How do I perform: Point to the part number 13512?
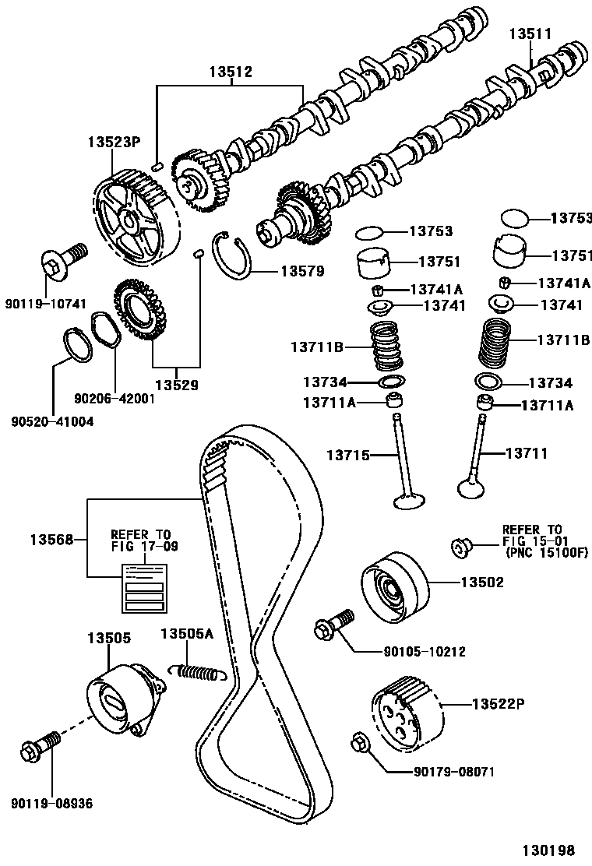coord(230,72)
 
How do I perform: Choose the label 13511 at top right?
coord(530,34)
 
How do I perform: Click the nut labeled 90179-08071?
coord(361,742)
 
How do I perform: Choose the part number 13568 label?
coord(52,539)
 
